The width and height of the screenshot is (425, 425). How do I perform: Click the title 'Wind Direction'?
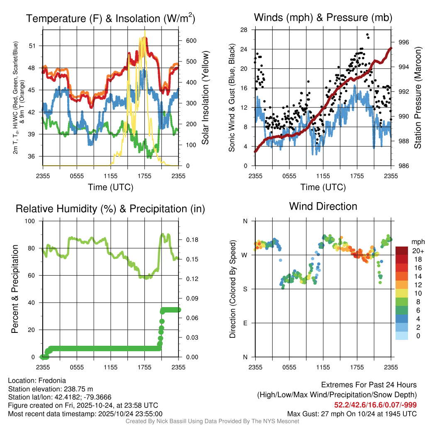pos(323,206)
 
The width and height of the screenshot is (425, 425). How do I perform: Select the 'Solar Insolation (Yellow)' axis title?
pos(205,98)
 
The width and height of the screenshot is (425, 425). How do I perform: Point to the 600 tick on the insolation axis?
pos(186,41)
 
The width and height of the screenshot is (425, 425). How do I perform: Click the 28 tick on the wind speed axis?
pos(244,29)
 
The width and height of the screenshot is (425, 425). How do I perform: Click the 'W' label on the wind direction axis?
pos(245,255)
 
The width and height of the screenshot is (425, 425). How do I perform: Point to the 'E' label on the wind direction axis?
pos(245,323)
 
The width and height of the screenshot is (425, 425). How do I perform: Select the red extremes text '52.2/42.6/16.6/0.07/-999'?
pos(375,405)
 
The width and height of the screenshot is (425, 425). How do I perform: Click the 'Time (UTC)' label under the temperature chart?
pos(110,187)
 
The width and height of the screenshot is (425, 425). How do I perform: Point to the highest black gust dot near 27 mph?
pos(368,35)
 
